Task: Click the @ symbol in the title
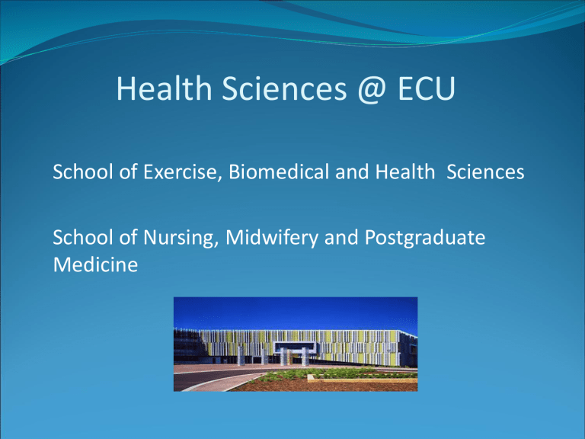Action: [x=372, y=89]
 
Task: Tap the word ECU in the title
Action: [x=427, y=88]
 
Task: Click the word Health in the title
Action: [x=165, y=88]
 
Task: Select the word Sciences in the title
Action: [x=284, y=88]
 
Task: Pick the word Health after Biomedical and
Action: [x=404, y=171]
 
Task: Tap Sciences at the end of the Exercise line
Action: [x=485, y=172]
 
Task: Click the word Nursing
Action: [x=181, y=238]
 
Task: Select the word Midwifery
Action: [x=272, y=238]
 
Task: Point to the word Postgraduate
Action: [x=425, y=238]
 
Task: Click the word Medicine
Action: [x=95, y=264]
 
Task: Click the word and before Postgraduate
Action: [x=341, y=238]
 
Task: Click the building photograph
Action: [x=296, y=344]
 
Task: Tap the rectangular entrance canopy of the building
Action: [x=295, y=348]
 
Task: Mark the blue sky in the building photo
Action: [x=296, y=312]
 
